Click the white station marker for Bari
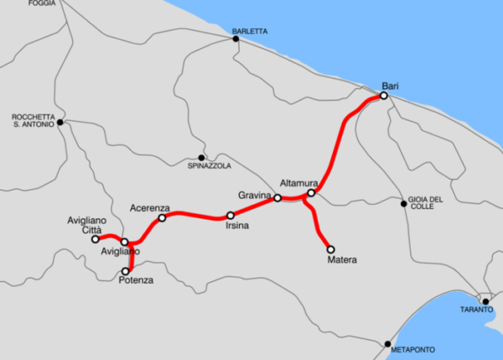[x=383, y=97]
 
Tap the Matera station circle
[x=330, y=249]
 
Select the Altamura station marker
[x=311, y=194]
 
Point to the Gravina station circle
[x=277, y=198]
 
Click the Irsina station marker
[x=231, y=216]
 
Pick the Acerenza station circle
[x=163, y=218]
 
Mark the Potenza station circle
[x=127, y=271]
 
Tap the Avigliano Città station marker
[x=95, y=239]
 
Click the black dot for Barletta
[x=236, y=39]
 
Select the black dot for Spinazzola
[x=201, y=157]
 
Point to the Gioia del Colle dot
[x=403, y=203]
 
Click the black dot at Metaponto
[x=387, y=344]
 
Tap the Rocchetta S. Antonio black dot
[x=60, y=123]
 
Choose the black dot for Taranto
[x=485, y=300]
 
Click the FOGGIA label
[x=42, y=4]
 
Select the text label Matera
[x=342, y=260]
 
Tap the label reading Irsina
[x=236, y=227]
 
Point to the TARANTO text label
[x=476, y=310]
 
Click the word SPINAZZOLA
[x=210, y=166]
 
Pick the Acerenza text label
[x=150, y=207]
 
